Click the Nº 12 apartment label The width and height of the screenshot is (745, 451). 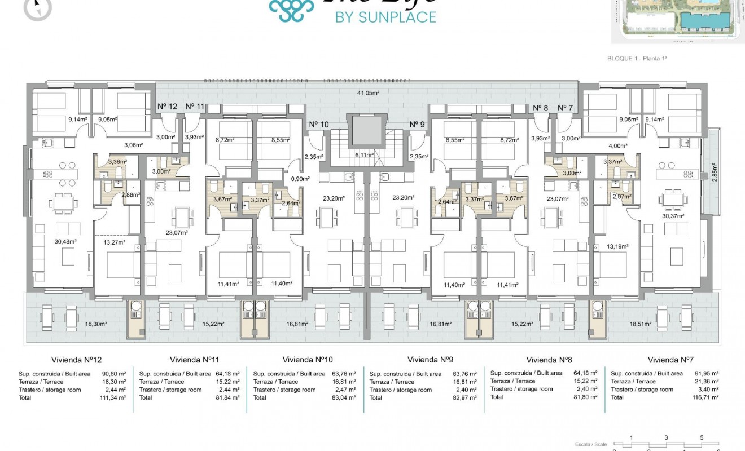pos(167,107)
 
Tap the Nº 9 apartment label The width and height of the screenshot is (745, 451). pos(417,125)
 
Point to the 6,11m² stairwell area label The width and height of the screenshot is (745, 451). pos(365,154)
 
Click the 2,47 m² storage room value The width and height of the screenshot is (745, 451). pos(344,390)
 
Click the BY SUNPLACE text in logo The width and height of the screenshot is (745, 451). pos(385,17)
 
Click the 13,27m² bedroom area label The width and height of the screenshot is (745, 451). pos(114,242)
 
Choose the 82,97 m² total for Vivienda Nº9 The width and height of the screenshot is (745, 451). pos(464,397)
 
